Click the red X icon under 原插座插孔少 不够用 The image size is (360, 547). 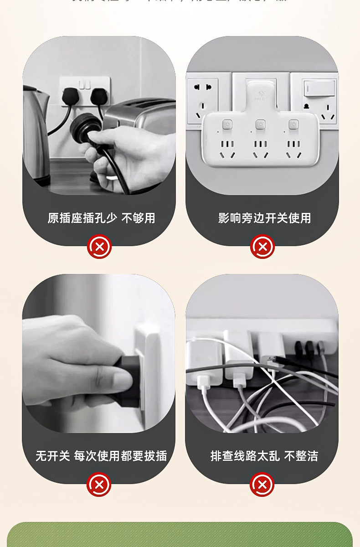click(x=99, y=247)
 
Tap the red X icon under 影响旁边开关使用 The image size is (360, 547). click(x=262, y=247)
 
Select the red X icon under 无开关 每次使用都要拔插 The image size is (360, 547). click(x=99, y=485)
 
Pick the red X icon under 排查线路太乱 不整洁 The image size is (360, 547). click(x=262, y=485)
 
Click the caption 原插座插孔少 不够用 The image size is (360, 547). click(x=101, y=218)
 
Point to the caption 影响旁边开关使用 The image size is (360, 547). click(x=264, y=218)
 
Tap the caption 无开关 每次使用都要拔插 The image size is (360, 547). click(x=101, y=456)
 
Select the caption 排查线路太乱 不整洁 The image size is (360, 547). click(x=264, y=456)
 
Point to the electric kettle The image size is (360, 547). click(x=36, y=132)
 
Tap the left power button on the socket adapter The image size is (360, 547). click(x=226, y=124)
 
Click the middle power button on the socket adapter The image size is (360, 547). click(x=260, y=124)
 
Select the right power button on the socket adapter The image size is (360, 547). click(x=293, y=124)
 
